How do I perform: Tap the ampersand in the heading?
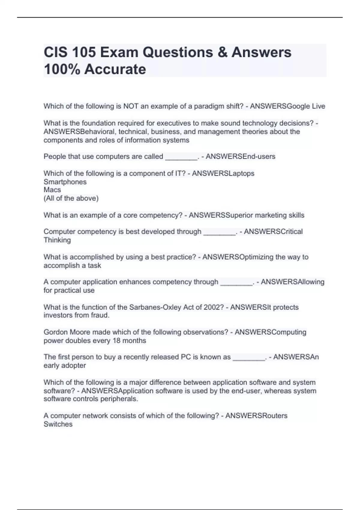(223, 52)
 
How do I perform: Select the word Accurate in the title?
(115, 69)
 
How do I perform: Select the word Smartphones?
(65, 182)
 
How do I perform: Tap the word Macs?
(52, 190)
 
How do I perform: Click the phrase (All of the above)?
(71, 198)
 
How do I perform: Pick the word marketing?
(263, 215)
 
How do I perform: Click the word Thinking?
(57, 240)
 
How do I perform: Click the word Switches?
(58, 424)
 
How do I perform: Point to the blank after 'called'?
(181, 157)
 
